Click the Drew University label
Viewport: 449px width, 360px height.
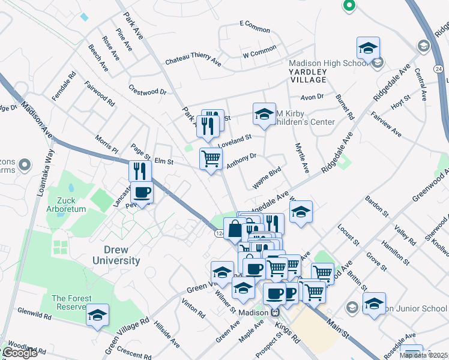(x=116, y=255)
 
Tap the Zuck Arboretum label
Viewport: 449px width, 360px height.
(x=71, y=205)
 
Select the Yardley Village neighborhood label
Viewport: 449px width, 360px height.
(x=309, y=76)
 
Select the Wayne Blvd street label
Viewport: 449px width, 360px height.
(x=267, y=179)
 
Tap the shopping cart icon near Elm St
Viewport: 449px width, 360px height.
(x=211, y=159)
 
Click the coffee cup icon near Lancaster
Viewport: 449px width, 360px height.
(x=142, y=193)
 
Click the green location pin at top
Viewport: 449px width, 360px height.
(x=349, y=6)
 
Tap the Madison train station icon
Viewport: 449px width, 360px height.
(x=276, y=312)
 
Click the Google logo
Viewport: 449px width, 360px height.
(x=19, y=353)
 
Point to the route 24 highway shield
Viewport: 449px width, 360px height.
(x=439, y=70)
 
